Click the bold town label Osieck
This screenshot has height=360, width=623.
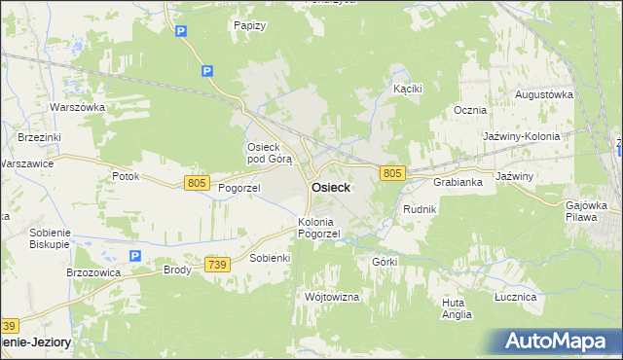(x=331, y=187)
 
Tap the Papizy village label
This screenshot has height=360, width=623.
(x=250, y=25)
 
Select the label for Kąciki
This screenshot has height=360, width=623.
(x=407, y=89)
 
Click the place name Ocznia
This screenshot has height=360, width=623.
(x=470, y=110)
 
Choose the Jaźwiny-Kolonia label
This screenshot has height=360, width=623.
(x=522, y=136)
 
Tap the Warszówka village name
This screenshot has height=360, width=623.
(x=77, y=107)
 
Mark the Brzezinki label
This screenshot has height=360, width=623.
(x=39, y=138)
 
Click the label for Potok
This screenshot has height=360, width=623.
(x=126, y=177)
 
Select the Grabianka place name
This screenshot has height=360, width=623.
(x=458, y=182)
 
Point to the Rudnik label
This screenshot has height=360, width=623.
(x=420, y=209)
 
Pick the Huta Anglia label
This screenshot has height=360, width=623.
(x=456, y=308)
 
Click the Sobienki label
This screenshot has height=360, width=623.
(x=271, y=258)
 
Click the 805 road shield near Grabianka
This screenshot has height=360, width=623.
(x=392, y=172)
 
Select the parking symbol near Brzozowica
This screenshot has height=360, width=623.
(x=135, y=256)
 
